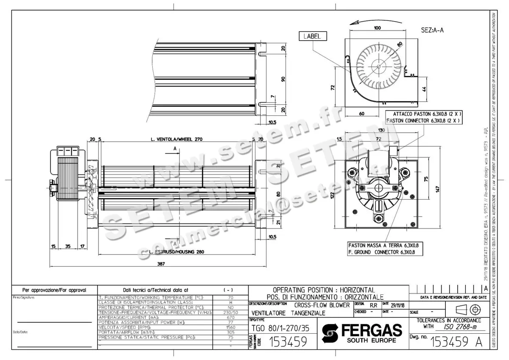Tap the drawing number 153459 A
point(456,342)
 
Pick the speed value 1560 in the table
point(230,327)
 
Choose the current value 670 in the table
point(230,317)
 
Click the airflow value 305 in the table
point(230,332)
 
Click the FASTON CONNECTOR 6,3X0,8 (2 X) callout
point(424,120)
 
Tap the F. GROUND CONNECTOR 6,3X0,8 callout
point(386,252)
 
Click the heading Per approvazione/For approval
point(54,290)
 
